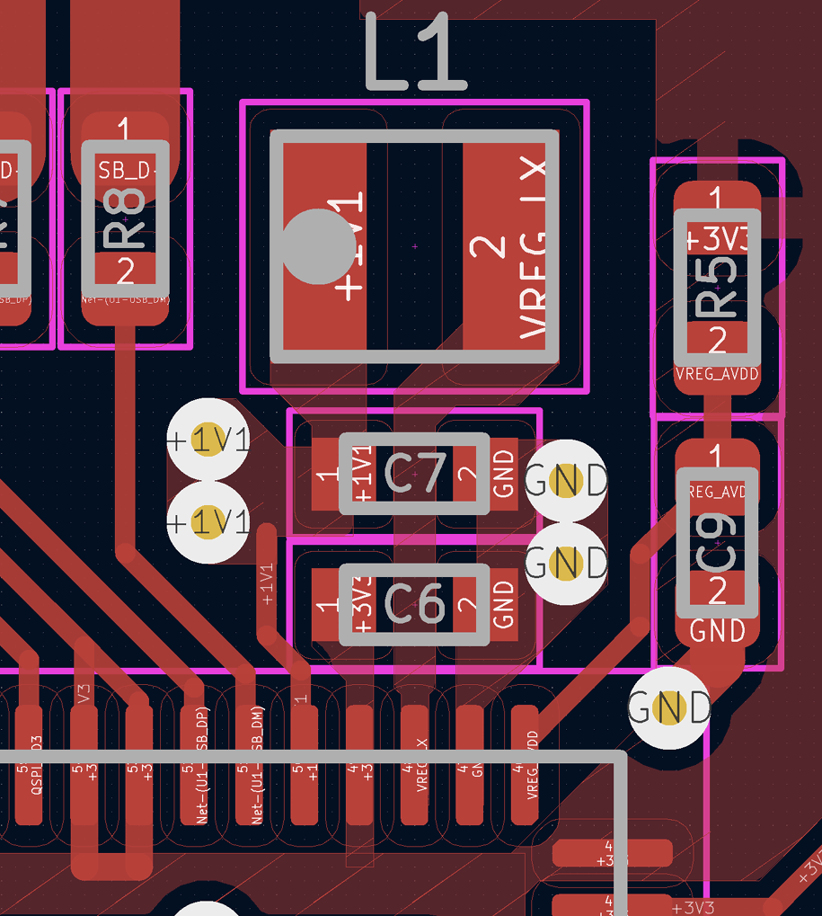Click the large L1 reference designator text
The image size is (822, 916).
[x=416, y=57]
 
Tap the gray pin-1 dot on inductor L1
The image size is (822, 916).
[x=316, y=246]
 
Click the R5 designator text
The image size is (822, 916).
[x=717, y=288]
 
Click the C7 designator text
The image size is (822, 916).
[x=414, y=474]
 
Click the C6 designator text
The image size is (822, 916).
[x=414, y=603]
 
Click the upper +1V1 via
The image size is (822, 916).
[x=208, y=440]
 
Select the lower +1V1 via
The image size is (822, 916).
[x=208, y=522]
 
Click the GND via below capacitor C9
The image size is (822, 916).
[x=670, y=708]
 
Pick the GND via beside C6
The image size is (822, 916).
[x=567, y=564]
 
